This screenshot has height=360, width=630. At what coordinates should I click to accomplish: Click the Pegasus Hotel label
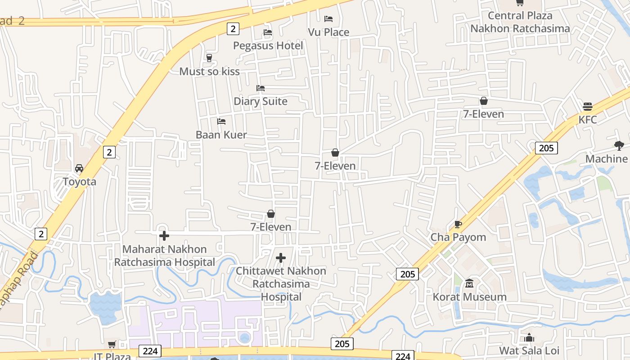pos(268,45)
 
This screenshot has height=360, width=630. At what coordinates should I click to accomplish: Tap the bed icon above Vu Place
pos(328,18)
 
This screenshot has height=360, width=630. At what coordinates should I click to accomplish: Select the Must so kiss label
pos(209,71)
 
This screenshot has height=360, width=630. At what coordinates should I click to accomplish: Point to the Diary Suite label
pos(260,101)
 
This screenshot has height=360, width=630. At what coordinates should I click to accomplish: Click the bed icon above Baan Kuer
pos(221,121)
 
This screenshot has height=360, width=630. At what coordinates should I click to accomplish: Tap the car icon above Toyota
pos(79,168)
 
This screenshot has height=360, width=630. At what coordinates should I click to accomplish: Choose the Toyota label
pos(79,181)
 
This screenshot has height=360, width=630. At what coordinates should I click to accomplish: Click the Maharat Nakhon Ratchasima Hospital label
pos(164,256)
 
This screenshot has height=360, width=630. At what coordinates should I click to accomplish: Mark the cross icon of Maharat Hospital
pos(164,235)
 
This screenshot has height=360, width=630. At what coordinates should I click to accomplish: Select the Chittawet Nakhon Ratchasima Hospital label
pos(281,283)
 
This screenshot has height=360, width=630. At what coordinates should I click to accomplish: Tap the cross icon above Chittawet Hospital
pos(281,258)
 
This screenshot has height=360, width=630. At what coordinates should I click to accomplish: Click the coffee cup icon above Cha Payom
pos(458,224)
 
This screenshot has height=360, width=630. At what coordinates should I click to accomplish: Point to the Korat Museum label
pos(469,297)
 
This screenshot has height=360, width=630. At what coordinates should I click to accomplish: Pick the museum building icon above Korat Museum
pos(469,283)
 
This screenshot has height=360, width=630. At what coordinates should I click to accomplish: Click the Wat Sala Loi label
pos(529,351)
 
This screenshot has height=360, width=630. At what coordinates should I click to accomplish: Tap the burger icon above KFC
pos(587,107)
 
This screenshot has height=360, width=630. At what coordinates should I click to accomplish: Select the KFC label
pos(587,120)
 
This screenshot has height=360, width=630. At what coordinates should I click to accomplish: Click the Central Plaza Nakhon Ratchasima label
pos(520,22)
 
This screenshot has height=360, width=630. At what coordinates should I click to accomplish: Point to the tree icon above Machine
pos(619,145)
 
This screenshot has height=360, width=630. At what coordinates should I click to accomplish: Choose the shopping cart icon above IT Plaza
pos(112,345)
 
